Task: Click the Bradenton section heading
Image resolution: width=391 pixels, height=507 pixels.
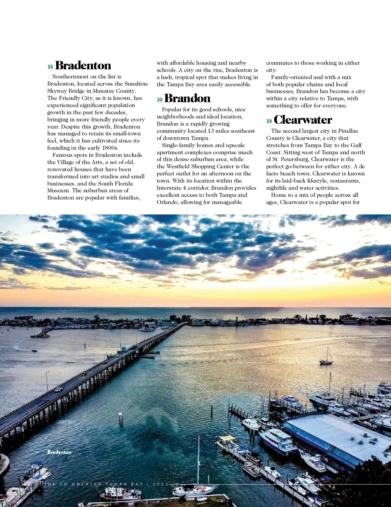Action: click(83, 65)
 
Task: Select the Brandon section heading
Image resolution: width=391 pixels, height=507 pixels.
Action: click(187, 98)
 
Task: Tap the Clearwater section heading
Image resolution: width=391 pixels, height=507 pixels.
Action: click(303, 120)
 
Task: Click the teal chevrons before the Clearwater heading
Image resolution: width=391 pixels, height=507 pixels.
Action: click(269, 121)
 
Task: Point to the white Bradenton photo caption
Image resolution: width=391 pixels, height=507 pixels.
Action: click(59, 452)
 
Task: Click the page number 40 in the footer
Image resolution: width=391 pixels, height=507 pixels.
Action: click(26, 484)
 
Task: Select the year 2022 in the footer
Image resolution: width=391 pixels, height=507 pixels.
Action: click(161, 484)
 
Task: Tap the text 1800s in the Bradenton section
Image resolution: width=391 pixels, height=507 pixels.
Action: click(110, 148)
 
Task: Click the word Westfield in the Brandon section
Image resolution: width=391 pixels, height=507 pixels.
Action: click(178, 166)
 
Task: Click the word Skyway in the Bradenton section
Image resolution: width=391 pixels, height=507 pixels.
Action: click(59, 91)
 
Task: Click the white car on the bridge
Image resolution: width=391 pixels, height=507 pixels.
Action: click(59, 389)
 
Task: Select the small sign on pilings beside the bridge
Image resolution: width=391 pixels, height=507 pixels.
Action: click(120, 414)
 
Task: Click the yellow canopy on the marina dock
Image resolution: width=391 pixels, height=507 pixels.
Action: click(227, 438)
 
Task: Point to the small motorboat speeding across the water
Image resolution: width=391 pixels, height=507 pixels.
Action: click(34, 350)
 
